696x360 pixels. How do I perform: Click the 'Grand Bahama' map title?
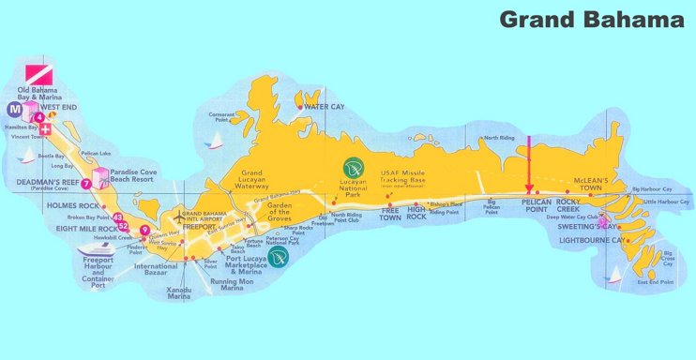pos(591,19)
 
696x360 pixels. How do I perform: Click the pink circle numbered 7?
pos(85,183)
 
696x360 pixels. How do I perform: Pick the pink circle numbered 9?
pos(144,230)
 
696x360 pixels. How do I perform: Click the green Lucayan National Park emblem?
pos(354,169)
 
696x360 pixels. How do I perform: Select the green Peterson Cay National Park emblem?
pos(277,253)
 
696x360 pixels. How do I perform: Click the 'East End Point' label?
pos(655,281)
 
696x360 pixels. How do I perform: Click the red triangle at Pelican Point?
pos(530,189)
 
